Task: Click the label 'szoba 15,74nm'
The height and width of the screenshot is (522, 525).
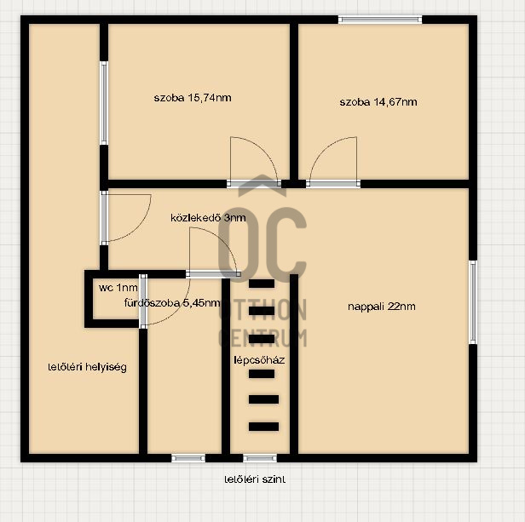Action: coord(193,98)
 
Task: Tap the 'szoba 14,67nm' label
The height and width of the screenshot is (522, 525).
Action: coord(378,102)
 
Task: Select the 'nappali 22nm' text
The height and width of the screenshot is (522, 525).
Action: coord(382,307)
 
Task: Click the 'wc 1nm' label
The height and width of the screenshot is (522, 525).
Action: coord(117,288)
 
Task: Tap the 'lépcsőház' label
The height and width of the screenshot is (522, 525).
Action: coord(259,359)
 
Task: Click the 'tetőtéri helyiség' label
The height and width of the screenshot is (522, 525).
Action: coord(87,368)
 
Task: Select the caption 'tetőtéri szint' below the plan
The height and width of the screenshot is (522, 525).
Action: coord(255,479)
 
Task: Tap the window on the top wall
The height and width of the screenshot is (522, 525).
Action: coord(380,20)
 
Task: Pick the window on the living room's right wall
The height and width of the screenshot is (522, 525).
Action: coord(472,302)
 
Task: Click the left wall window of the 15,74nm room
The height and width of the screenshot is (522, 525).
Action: coord(104,102)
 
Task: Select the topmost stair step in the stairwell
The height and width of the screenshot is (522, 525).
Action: coord(262,284)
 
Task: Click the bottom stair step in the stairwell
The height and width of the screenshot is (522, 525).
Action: coord(263,427)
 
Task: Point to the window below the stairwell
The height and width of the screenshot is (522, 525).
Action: coord(259,458)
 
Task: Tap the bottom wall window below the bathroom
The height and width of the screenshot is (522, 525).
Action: coord(188,458)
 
